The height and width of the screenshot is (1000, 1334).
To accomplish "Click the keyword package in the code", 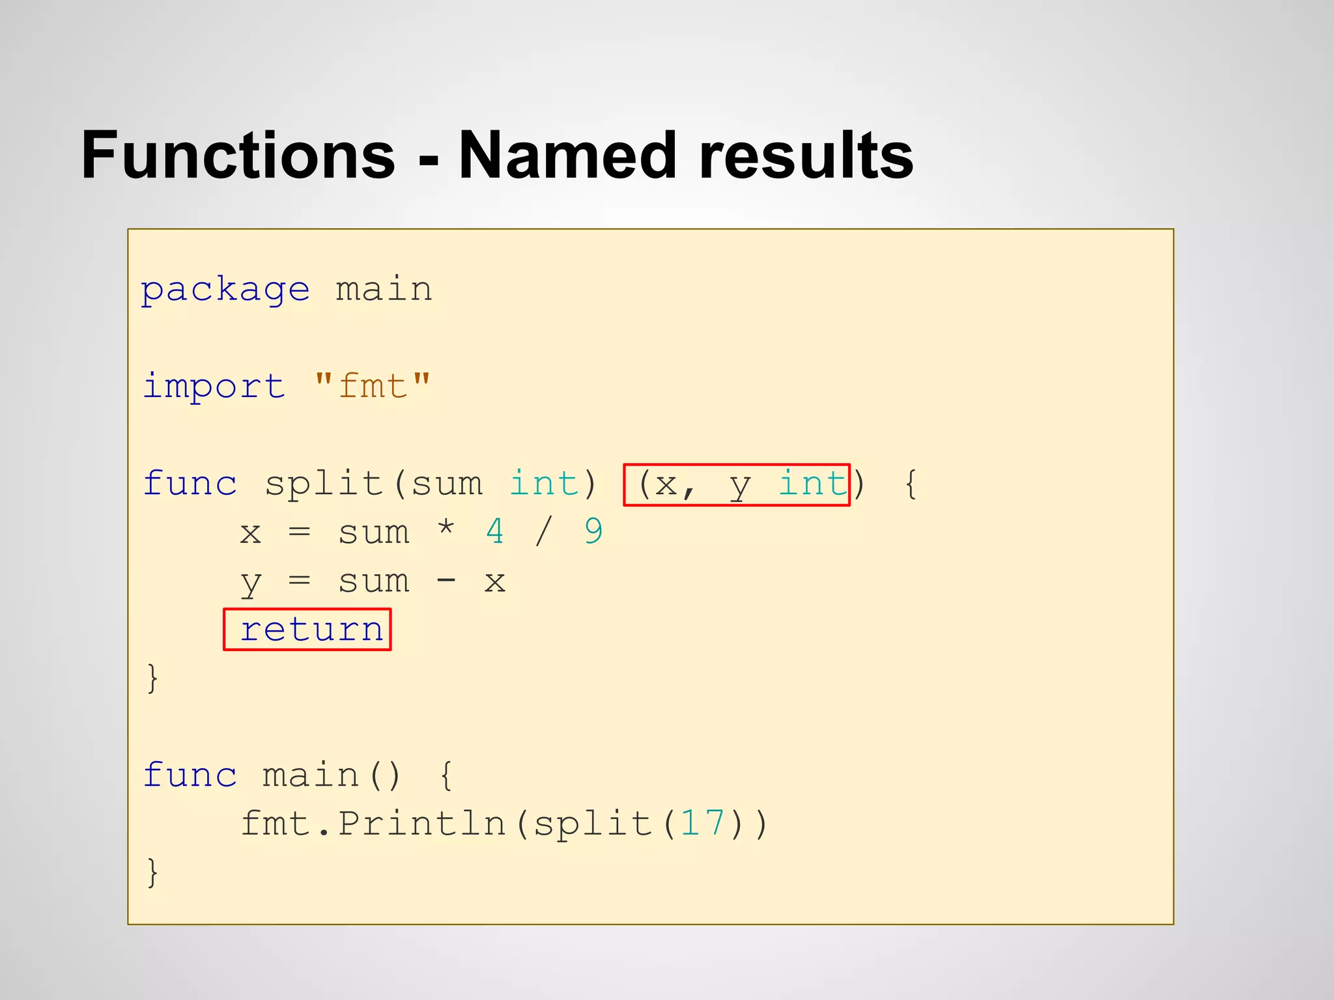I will click(225, 290).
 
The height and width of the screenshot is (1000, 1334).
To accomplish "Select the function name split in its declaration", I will click(323, 484).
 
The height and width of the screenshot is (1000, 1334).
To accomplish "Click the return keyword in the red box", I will click(311, 630).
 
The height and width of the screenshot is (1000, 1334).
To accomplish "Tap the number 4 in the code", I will click(494, 532).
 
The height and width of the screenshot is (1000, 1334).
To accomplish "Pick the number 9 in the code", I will click(593, 532).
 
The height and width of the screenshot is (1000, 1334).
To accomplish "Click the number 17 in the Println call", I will click(702, 824).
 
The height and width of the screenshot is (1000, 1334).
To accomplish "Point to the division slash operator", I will click(543, 532).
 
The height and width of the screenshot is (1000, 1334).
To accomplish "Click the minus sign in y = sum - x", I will click(446, 581).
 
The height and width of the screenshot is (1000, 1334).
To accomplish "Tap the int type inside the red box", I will click(813, 484).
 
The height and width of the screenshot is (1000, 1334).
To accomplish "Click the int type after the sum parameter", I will click(543, 484).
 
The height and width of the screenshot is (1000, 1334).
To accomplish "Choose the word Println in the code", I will click(421, 824).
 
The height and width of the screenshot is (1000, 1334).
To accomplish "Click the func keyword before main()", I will click(190, 775).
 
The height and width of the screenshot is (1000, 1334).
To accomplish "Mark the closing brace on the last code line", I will click(152, 872).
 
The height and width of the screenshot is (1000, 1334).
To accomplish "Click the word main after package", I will click(384, 290).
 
